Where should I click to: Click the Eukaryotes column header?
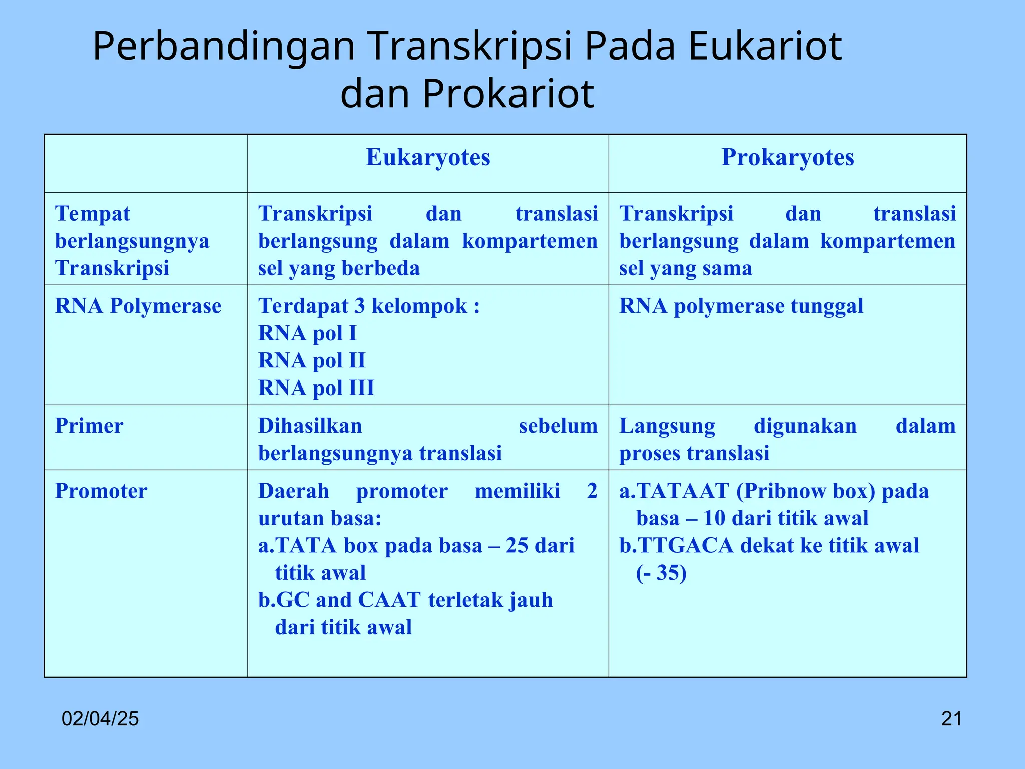pyautogui.click(x=428, y=158)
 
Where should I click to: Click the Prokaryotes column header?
pyautogui.click(x=787, y=158)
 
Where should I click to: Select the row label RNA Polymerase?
pyautogui.click(x=138, y=306)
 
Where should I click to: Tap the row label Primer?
pyautogui.click(x=89, y=426)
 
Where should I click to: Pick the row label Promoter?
pyautogui.click(x=101, y=491)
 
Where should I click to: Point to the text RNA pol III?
pyautogui.click(x=316, y=388)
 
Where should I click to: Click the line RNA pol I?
pyautogui.click(x=307, y=333)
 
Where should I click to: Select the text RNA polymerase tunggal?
pyautogui.click(x=741, y=306)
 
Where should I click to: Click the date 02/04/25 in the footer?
pyautogui.click(x=100, y=719)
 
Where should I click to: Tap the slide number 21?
pyautogui.click(x=951, y=719)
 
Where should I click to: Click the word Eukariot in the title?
pyautogui.click(x=765, y=46)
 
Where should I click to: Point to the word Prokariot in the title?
pyautogui.click(x=508, y=94)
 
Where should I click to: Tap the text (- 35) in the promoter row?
pyautogui.click(x=661, y=573)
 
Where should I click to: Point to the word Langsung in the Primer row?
pyautogui.click(x=667, y=426)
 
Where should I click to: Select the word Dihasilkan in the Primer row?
pyautogui.click(x=310, y=426)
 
